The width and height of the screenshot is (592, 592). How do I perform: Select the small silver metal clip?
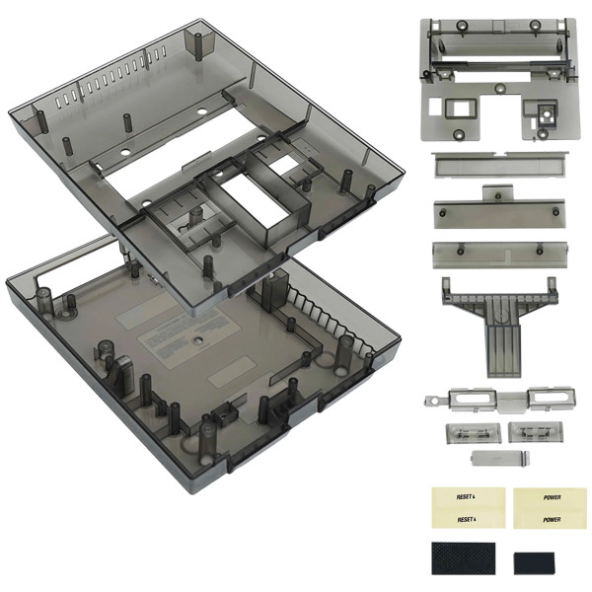point(494,458)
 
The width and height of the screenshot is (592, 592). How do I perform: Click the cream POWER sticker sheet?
point(538,507)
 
